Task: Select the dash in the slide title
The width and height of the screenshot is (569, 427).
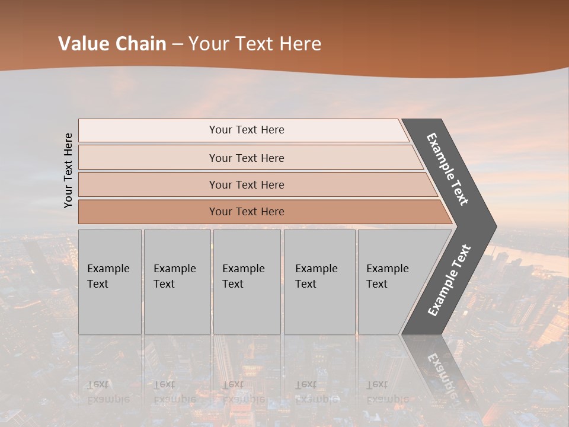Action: tap(177, 44)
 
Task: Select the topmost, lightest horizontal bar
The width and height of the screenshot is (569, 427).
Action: tap(243, 130)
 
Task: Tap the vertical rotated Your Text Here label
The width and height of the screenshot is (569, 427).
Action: tap(68, 170)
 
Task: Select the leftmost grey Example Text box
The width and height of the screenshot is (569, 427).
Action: tap(110, 281)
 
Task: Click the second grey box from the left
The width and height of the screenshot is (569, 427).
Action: tap(177, 281)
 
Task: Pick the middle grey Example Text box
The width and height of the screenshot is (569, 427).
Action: tap(247, 281)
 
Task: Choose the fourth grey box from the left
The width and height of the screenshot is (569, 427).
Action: tap(319, 281)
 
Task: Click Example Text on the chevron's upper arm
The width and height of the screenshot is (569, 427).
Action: tap(447, 169)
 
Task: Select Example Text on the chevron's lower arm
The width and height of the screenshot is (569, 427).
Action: tap(449, 281)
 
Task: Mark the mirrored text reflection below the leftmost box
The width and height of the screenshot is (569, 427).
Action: tap(108, 391)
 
